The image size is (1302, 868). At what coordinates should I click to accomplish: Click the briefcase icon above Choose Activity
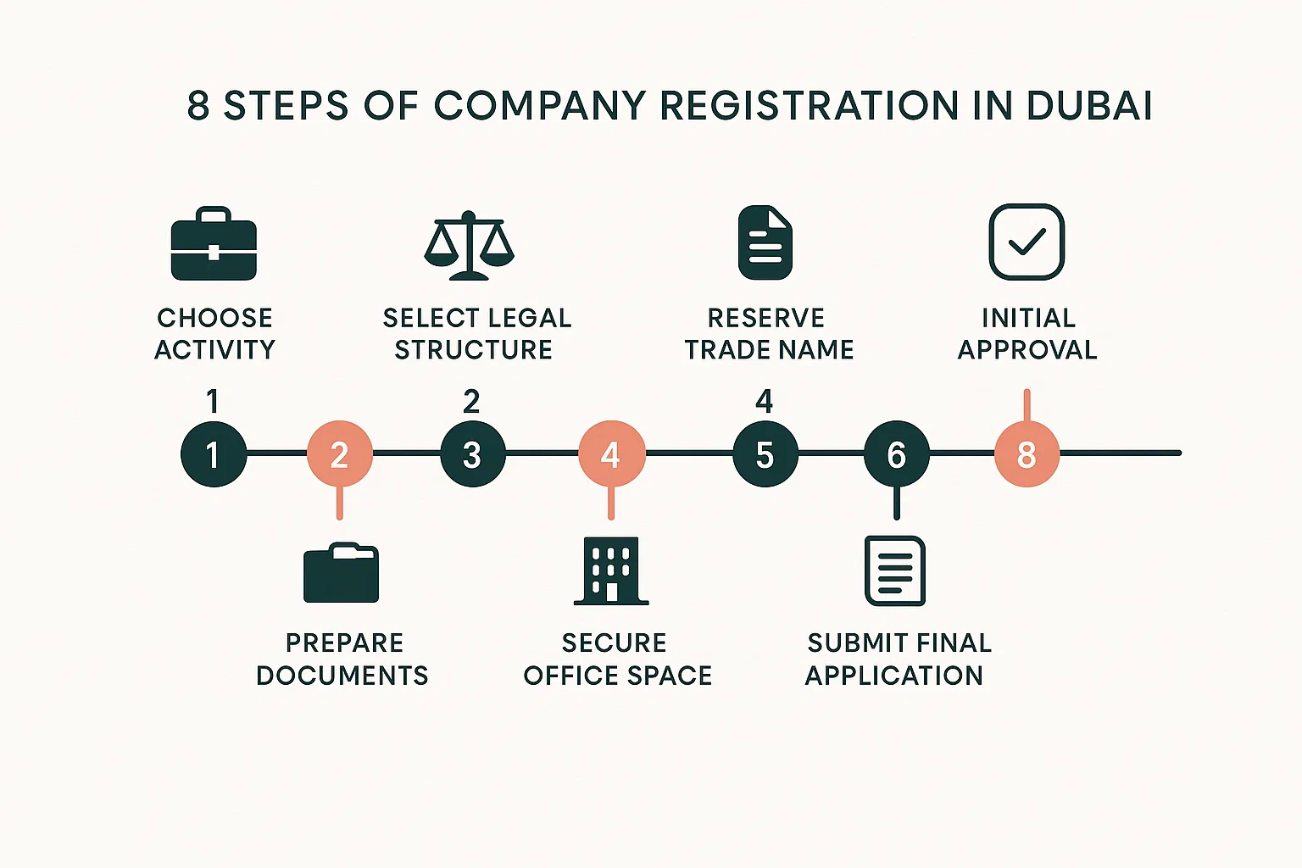214,244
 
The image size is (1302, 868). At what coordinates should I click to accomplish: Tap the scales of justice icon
469,246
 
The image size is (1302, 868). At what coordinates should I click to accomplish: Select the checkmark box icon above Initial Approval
1027,242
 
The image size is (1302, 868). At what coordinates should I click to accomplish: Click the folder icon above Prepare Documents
341,573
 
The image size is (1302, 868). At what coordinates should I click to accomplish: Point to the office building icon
611,570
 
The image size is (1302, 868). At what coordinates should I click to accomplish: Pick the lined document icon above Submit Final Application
895,570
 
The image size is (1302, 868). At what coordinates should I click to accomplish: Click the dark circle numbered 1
214,454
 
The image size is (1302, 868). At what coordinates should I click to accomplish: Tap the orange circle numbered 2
339,454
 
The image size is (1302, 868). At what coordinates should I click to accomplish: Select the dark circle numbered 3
472,454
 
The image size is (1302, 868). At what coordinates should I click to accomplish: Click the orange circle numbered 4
611,454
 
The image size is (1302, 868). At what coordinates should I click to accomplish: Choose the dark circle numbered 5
765,454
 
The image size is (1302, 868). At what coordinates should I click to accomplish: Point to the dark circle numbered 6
896,454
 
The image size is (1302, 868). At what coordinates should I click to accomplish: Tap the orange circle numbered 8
1027,454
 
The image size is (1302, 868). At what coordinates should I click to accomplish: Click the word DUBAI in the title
1089,106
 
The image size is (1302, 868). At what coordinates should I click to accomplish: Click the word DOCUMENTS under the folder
342,676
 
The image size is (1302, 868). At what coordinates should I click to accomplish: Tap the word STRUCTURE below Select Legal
474,349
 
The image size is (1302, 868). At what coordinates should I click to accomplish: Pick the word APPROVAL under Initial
1027,349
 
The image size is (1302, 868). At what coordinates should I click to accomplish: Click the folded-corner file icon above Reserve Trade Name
765,242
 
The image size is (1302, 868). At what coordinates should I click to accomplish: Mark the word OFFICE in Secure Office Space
570,676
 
